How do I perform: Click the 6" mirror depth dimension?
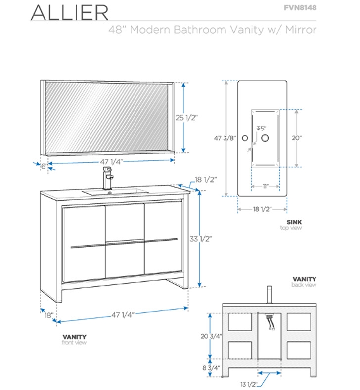(43, 166)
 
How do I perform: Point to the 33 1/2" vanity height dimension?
(201, 239)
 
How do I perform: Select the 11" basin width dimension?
(265, 186)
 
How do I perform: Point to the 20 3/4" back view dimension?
(211, 336)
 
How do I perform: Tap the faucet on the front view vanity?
(108, 177)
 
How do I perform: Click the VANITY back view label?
(304, 279)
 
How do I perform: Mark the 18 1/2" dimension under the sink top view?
(262, 209)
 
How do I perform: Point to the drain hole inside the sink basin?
(265, 138)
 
